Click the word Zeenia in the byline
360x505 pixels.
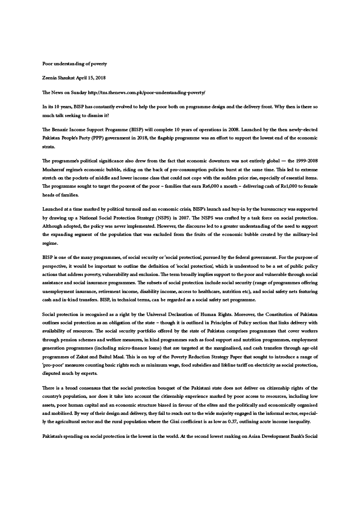point(51,78)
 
